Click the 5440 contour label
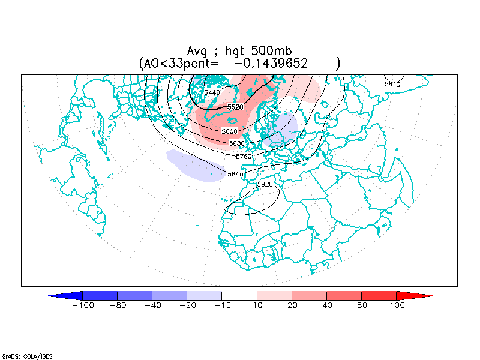click(212, 92)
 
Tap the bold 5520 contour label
click(235, 107)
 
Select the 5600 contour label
click(229, 131)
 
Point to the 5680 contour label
click(237, 143)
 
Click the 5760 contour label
click(244, 156)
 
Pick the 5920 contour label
click(265, 184)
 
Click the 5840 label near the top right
click(392, 84)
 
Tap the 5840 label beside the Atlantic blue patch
click(236, 174)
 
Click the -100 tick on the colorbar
click(83, 305)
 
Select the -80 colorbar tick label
click(118, 305)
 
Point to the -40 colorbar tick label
click(152, 305)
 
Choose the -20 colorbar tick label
click(187, 305)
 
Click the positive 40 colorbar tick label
click(326, 305)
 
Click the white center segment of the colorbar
click(239, 295)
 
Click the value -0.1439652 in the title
click(271, 62)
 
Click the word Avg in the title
click(197, 52)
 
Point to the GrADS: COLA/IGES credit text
click(27, 356)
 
